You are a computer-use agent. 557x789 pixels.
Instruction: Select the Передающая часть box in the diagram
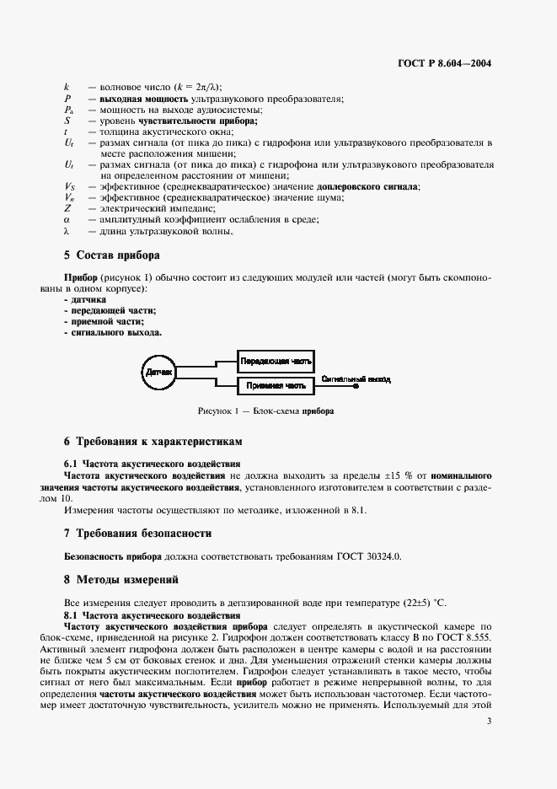[276, 361]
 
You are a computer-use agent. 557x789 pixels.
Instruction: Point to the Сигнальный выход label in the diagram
[356, 379]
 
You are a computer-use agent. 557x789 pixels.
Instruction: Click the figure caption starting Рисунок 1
[265, 411]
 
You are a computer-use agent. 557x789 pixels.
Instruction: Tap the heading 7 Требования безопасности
[137, 533]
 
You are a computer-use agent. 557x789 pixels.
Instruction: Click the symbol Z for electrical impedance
[67, 207]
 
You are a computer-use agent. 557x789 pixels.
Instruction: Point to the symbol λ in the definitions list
[67, 231]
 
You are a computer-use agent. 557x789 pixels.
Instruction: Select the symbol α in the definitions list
[67, 219]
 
